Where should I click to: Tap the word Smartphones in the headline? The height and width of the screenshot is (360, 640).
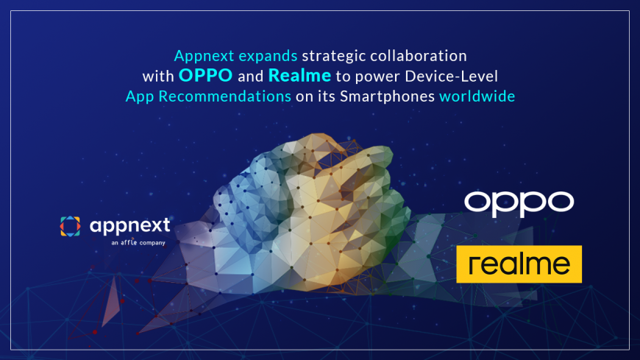(x=388, y=96)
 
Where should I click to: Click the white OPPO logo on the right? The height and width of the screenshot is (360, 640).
(x=519, y=203)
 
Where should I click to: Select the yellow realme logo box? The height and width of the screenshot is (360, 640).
(x=519, y=264)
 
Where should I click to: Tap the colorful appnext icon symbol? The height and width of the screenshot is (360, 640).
(x=70, y=227)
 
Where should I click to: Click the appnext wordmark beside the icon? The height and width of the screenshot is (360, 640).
(x=129, y=225)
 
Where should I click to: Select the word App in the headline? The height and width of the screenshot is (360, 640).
(x=138, y=96)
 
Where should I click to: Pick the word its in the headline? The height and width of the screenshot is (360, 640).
(x=326, y=96)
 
